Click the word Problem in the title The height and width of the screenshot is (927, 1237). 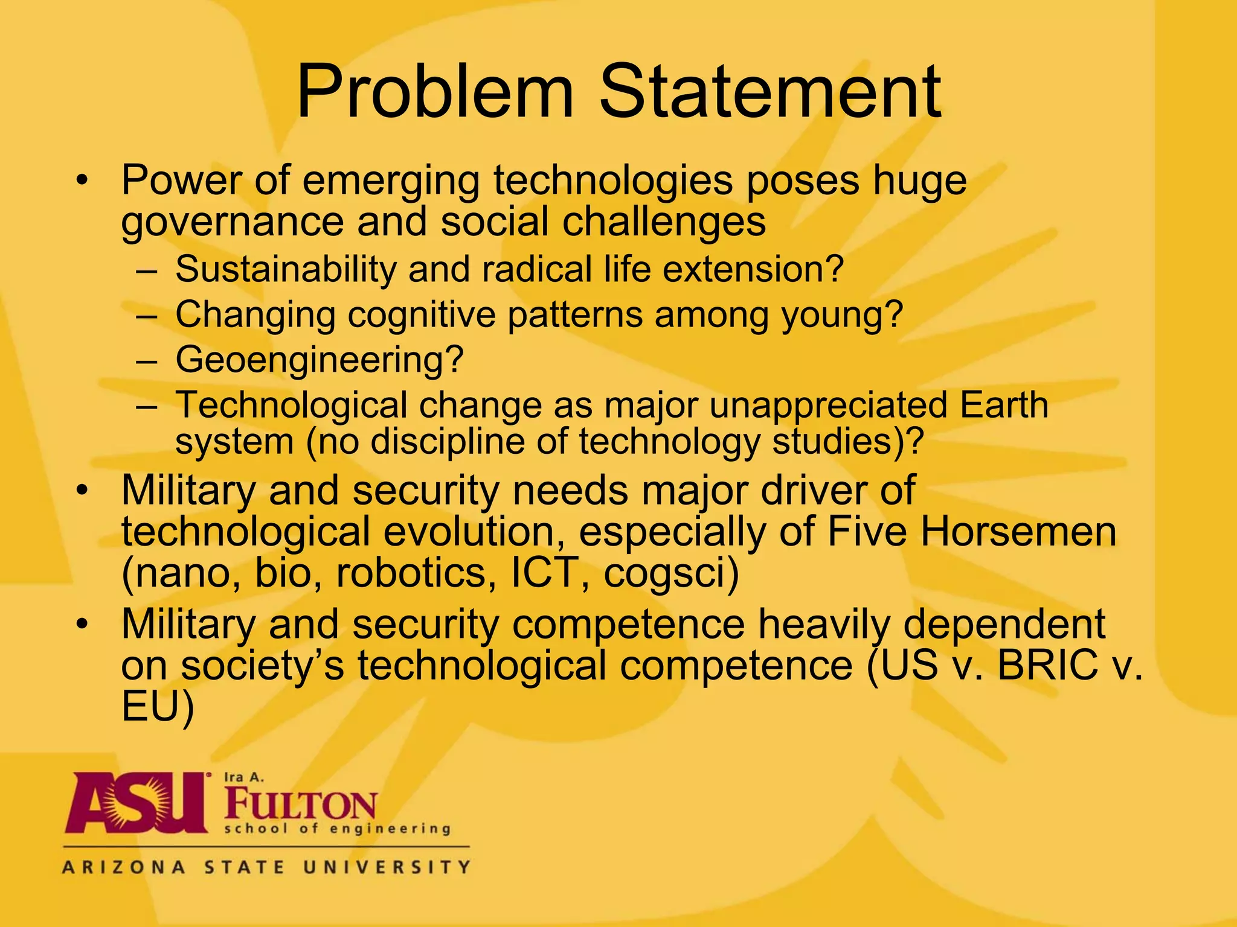434,92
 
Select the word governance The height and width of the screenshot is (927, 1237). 232,222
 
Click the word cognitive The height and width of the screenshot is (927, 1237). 421,314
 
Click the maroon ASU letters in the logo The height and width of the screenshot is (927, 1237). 135,803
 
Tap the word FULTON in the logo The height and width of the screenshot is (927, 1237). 300,804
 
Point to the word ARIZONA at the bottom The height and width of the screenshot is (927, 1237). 124,867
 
